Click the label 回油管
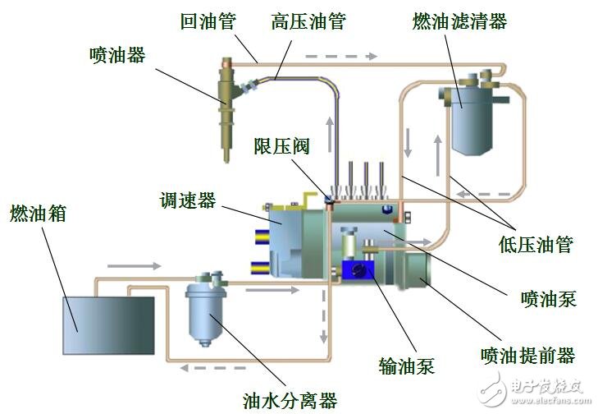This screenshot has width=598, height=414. click(207, 21)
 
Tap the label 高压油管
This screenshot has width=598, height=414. click(308, 21)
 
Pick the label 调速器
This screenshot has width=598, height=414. click(188, 200)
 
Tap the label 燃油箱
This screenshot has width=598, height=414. click(38, 214)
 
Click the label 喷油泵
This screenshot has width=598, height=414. click(549, 297)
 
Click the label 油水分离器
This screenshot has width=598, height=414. click(290, 400)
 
